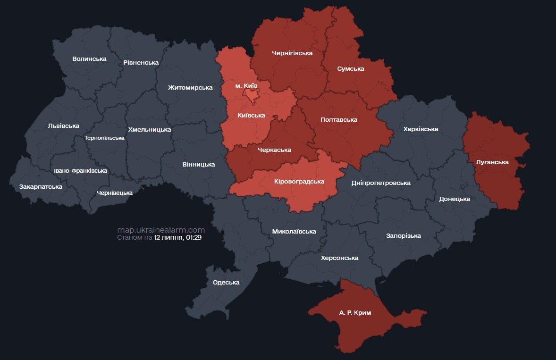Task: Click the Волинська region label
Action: pyautogui.click(x=89, y=59)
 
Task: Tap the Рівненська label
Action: pyautogui.click(x=141, y=62)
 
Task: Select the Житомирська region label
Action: pyautogui.click(x=190, y=87)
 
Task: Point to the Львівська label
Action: pyautogui.click(x=63, y=126)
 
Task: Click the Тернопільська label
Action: pyautogui.click(x=104, y=138)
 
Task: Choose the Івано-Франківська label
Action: pyautogui.click(x=80, y=171)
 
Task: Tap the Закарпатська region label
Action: pyautogui.click(x=41, y=187)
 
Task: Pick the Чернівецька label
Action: pyautogui.click(x=114, y=193)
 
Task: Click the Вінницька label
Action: pyautogui.click(x=198, y=165)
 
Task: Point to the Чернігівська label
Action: pyautogui.click(x=292, y=53)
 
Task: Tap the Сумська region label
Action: pyautogui.click(x=351, y=69)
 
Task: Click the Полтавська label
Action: pyautogui.click(x=338, y=120)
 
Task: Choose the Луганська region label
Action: pyautogui.click(x=492, y=162)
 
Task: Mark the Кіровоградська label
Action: pyautogui.click(x=299, y=182)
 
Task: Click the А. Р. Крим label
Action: pyautogui.click(x=355, y=313)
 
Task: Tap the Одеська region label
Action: pyautogui.click(x=226, y=283)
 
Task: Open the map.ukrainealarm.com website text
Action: pyautogui.click(x=161, y=230)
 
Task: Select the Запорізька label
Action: pyautogui.click(x=403, y=236)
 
